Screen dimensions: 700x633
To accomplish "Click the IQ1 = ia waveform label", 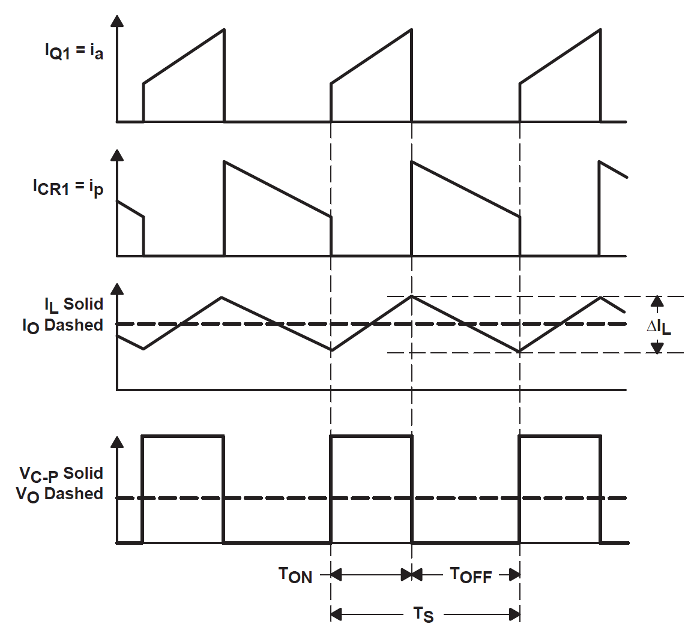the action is point(74,52).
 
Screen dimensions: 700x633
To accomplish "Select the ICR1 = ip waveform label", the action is point(68,187).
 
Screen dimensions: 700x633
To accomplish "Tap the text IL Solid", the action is point(74,305).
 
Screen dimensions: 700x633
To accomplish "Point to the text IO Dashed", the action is point(63,326).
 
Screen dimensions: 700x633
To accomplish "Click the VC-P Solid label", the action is point(61,474).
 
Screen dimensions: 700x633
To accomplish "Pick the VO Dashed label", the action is point(60,494).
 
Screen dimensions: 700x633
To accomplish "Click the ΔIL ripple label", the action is point(659,327).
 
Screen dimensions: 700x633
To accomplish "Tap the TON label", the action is point(295,575).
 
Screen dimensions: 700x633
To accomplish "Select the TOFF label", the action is point(471,575).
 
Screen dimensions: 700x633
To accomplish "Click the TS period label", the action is point(423,614).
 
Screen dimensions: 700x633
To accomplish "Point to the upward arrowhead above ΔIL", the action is point(657,302).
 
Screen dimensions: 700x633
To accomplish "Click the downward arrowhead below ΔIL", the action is point(657,347).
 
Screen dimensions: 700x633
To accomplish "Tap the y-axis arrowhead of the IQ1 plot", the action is point(117,21).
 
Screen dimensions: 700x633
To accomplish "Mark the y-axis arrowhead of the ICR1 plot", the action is point(117,155).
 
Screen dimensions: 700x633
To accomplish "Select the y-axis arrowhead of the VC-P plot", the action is point(117,442).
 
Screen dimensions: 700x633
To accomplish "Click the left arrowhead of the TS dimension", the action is point(336,614).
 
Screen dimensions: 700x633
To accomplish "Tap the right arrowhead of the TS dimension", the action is point(514,614).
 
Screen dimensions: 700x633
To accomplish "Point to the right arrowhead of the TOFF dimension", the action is point(514,575).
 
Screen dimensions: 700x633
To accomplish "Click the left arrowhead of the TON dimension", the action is point(336,575).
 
